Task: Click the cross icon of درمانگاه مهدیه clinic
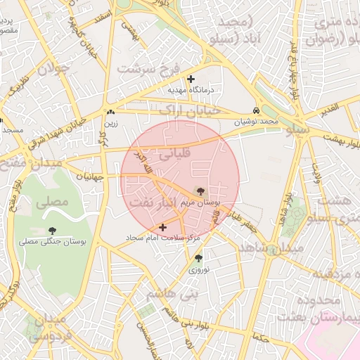coord(191,79)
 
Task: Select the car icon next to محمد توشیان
coord(257,111)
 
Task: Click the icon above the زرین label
coord(110,112)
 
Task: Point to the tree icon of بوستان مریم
coord(201,191)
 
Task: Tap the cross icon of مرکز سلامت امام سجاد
coord(163,227)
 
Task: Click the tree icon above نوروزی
coord(198,258)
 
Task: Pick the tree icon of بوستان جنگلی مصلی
coord(52,230)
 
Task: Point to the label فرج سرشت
coord(146,69)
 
